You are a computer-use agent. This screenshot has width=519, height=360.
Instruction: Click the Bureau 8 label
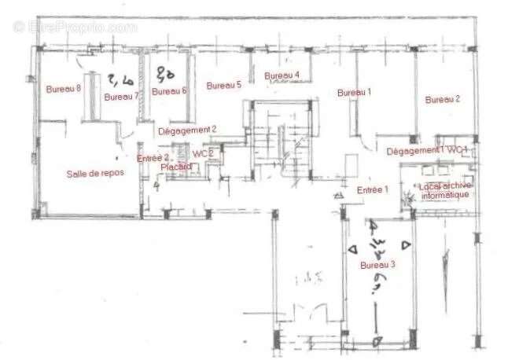(64, 88)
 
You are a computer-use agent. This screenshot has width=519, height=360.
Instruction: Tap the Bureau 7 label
(121, 97)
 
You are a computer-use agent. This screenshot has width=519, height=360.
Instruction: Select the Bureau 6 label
(169, 91)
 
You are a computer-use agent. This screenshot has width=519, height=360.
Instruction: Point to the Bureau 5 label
(223, 85)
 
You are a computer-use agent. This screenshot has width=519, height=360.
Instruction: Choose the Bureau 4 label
(282, 75)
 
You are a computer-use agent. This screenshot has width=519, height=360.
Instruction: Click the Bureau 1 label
(354, 92)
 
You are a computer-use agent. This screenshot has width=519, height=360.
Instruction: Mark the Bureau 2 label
(442, 99)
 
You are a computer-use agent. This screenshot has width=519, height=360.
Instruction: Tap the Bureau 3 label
(377, 265)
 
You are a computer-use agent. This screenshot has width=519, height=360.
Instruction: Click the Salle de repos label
(90, 174)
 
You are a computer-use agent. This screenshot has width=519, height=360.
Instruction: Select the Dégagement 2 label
(187, 130)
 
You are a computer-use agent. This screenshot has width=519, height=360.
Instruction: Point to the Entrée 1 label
(374, 190)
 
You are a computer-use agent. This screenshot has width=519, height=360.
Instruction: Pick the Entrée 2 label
(154, 158)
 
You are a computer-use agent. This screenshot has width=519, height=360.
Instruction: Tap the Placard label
(176, 167)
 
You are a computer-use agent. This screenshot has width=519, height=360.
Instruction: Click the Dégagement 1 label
(415, 149)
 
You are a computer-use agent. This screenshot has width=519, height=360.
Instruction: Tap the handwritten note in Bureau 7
(120, 79)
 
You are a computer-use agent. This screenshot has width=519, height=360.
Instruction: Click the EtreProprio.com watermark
(75, 26)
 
